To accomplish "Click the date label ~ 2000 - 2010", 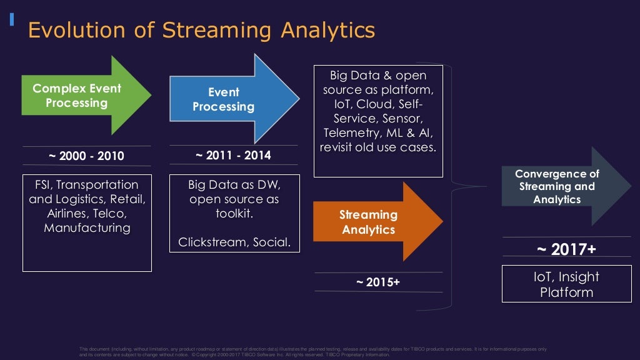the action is pos(87,156).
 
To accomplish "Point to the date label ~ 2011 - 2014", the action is pos(233,155).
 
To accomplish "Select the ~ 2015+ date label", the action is pos(377,282).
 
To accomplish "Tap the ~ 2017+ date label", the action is pos(566,249).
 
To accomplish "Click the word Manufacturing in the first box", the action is pos(87,228).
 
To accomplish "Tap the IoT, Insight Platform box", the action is pos(566,284).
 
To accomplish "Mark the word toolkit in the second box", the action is pos(234,214).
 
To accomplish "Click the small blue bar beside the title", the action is pos(11,19).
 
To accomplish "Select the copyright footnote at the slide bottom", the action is pos(312,351).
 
